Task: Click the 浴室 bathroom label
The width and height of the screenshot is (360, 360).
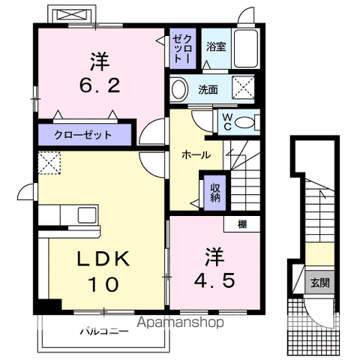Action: pyautogui.click(x=216, y=46)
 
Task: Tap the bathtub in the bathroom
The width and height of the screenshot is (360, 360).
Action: pyautogui.click(x=246, y=49)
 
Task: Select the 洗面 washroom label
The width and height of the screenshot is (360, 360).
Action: pyautogui.click(x=208, y=89)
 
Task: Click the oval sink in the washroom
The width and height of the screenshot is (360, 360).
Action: pyautogui.click(x=179, y=89)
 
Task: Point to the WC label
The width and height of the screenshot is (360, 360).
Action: pyautogui.click(x=227, y=121)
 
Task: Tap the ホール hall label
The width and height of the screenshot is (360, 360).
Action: pyautogui.click(x=196, y=155)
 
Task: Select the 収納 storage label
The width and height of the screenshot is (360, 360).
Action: pyautogui.click(x=215, y=193)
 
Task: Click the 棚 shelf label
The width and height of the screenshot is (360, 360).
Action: pyautogui.click(x=242, y=224)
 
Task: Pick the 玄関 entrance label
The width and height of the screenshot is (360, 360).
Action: pyautogui.click(x=320, y=283)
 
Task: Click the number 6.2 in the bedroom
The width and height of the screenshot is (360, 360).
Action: pyautogui.click(x=100, y=85)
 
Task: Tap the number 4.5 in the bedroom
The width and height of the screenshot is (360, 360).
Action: pyautogui.click(x=214, y=280)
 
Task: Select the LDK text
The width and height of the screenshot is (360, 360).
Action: pyautogui.click(x=103, y=259)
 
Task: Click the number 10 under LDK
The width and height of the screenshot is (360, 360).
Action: pyautogui.click(x=103, y=285)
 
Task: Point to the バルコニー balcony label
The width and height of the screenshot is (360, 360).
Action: pyautogui.click(x=104, y=331)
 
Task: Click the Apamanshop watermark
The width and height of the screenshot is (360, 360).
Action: pyautogui.click(x=180, y=322)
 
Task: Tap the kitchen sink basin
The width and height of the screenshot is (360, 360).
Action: pyautogui.click(x=87, y=215)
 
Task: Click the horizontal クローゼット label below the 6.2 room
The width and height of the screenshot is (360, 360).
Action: pyautogui.click(x=82, y=135)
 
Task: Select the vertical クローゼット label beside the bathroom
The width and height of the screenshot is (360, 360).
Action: pyautogui.click(x=183, y=49)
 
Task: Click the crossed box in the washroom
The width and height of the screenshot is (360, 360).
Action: pyautogui.click(x=243, y=88)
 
